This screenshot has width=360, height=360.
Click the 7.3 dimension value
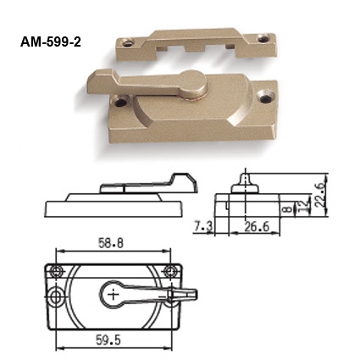tap(202, 225)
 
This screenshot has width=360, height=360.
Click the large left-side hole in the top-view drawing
tap(57, 298)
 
